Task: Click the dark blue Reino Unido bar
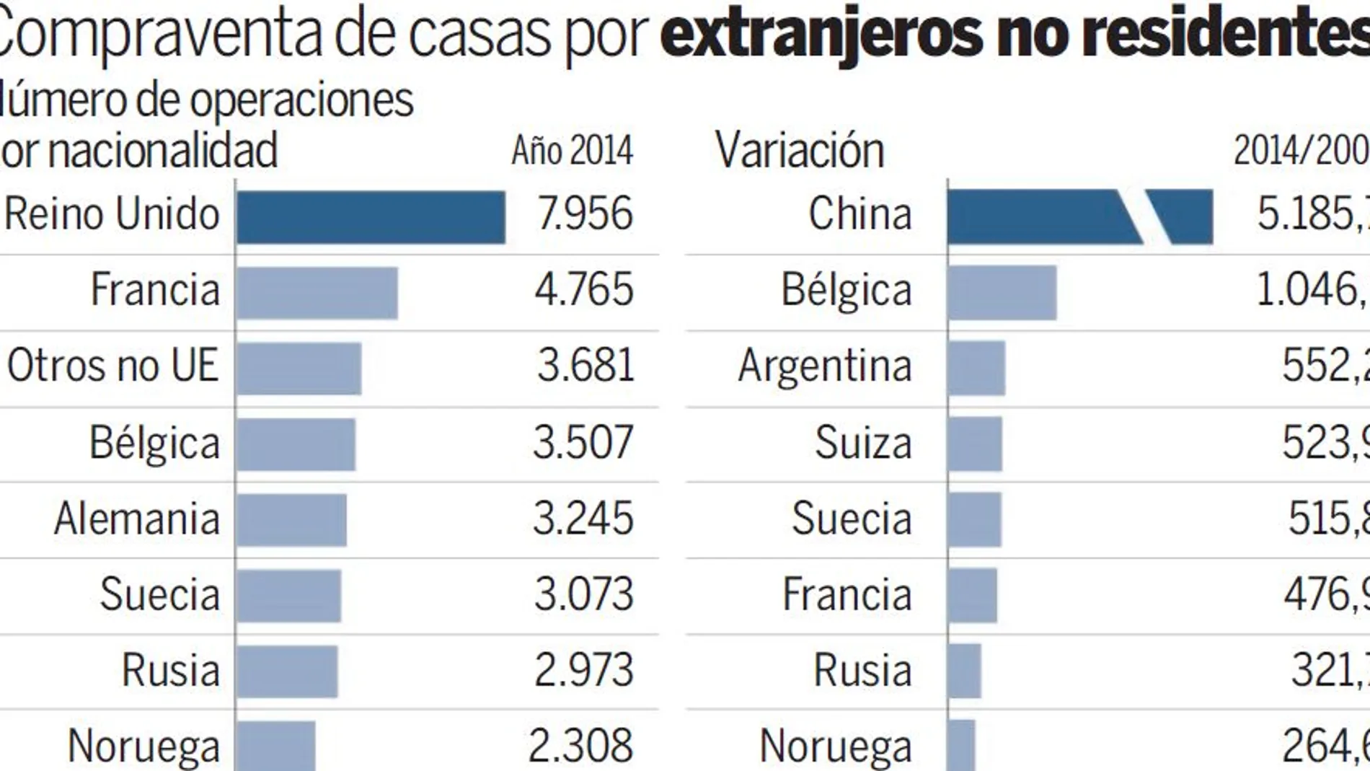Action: click(371, 217)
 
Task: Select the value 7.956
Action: click(585, 213)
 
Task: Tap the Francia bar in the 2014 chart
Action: click(317, 293)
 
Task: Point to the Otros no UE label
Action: click(112, 365)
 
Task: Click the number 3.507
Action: click(583, 441)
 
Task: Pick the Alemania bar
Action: click(291, 520)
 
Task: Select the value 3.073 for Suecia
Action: click(583, 594)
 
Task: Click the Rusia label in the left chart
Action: click(170, 670)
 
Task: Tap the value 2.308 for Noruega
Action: click(580, 746)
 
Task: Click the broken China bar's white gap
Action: click(1144, 217)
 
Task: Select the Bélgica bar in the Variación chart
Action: click(1002, 293)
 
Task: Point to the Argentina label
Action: click(825, 366)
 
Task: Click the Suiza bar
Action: click(975, 444)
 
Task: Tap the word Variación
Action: click(799, 151)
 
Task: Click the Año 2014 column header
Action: click(572, 151)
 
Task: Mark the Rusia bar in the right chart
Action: click(964, 671)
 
